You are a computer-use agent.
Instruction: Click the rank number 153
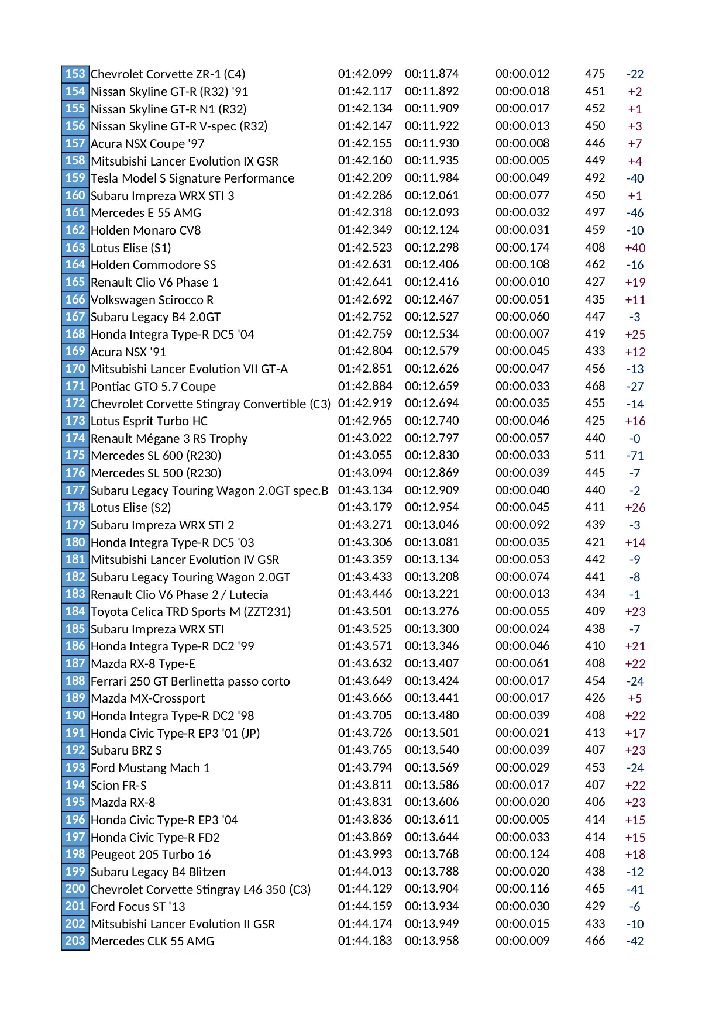pos(75,74)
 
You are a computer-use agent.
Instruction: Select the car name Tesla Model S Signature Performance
pos(192,178)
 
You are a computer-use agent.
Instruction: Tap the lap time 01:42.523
pos(364,247)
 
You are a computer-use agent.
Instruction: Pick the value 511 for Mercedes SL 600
pos(594,456)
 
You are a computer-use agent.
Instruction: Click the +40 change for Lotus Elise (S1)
pos(635,248)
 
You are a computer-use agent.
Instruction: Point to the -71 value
pos(635,456)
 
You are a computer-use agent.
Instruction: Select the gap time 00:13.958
pos(431,941)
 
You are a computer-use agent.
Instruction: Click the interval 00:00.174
pos(522,247)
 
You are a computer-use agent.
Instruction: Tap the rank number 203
pos(75,941)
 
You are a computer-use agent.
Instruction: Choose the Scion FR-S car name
pos(118,786)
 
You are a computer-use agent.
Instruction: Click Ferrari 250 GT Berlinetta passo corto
pos(190,681)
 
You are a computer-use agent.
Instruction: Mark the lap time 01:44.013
pos(364,872)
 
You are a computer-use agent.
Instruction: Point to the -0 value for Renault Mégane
pos(635,439)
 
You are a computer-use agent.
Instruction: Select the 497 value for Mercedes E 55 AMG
pos(594,213)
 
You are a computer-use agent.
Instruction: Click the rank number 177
pos(75,490)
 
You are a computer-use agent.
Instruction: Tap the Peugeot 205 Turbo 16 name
pos(150,855)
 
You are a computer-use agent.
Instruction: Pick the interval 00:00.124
pos(522,854)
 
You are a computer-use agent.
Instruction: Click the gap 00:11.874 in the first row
pos(431,74)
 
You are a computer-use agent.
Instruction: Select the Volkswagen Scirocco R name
pos(152,300)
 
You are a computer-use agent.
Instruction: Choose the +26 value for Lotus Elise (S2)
pos(635,508)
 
